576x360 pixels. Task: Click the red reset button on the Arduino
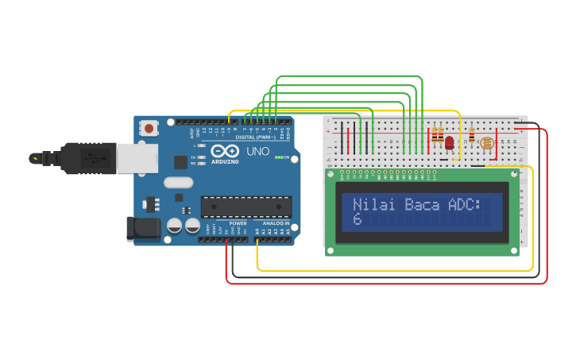pos(149,128)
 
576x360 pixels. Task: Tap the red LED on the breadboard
pos(449,143)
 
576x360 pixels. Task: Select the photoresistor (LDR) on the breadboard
pos(486,143)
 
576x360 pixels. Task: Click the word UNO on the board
pos(258,151)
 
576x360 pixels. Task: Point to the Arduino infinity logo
pos(225,151)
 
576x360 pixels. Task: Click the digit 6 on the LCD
pos(358,219)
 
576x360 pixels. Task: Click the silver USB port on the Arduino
pos(137,157)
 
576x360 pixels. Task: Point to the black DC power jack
pos(143,228)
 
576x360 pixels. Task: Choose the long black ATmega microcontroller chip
pos(246,207)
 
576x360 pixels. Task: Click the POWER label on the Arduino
pos(238,223)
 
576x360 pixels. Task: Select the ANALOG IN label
pos(276,223)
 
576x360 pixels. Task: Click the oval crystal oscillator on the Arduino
pos(179,182)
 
